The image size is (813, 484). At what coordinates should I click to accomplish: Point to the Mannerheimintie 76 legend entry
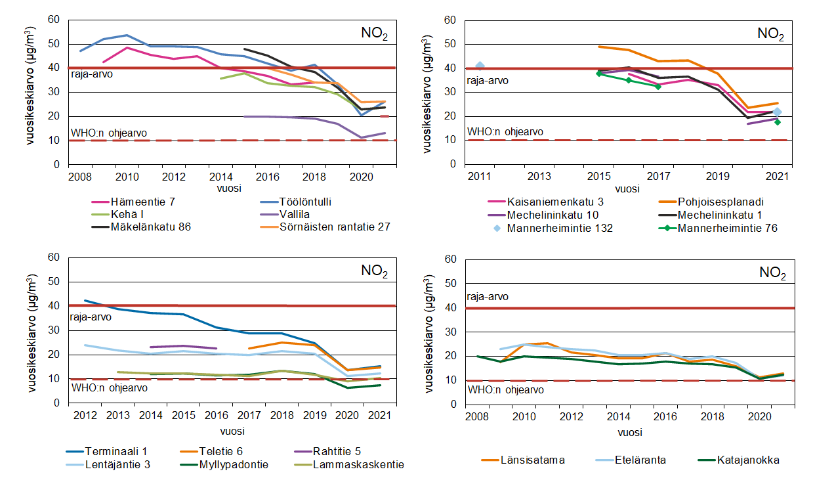(726, 229)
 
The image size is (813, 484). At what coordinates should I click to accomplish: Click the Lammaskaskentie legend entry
(357, 465)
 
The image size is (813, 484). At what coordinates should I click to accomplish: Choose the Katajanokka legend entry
(748, 460)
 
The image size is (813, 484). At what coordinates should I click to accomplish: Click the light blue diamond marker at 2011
(480, 66)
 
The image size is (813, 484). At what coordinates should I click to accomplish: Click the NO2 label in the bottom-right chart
(772, 273)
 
